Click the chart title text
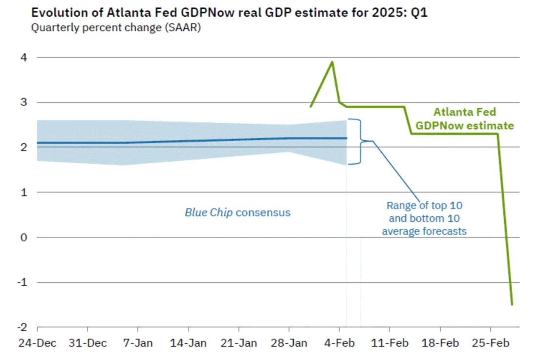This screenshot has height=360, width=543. click(x=229, y=13)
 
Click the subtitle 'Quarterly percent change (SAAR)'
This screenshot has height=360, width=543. click(x=116, y=28)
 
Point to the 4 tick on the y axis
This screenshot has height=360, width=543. click(x=24, y=58)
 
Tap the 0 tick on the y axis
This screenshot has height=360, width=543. click(x=24, y=237)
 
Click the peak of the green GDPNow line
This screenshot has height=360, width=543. click(x=332, y=62)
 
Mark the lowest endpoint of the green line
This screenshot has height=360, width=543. click(x=512, y=304)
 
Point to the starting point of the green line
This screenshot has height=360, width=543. click(x=311, y=106)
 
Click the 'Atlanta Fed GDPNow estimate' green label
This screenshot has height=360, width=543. click(x=464, y=119)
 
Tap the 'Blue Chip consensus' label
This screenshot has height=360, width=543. click(x=238, y=212)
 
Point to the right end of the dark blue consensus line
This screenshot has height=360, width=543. click(x=346, y=138)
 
